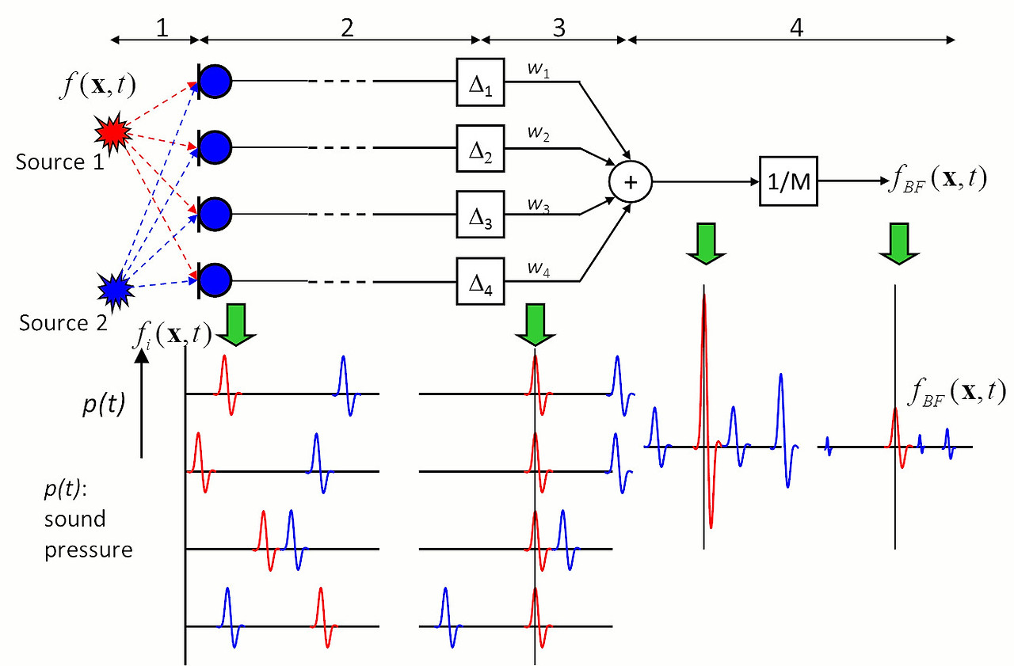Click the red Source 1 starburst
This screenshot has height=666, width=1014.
coord(113,132)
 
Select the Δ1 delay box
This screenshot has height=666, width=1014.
coord(480,82)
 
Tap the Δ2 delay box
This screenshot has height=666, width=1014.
coord(480,148)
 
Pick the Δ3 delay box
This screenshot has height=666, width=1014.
coord(480,215)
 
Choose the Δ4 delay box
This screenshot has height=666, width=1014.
coord(480,281)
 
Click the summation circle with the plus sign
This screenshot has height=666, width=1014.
coord(630,182)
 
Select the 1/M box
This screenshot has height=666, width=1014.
coord(788,181)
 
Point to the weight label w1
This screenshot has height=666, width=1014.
coord(538,70)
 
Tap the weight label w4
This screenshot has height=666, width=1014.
coord(538,269)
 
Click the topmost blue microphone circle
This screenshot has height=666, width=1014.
coord(215,82)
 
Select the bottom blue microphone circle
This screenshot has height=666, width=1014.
coord(215,280)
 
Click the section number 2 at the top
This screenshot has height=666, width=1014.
coord(347,28)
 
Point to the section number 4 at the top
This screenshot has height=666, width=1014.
coord(796,28)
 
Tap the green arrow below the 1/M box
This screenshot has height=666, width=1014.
coord(899,243)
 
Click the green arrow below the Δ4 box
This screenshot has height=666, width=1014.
coord(535,325)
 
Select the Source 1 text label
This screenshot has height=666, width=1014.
coord(59,162)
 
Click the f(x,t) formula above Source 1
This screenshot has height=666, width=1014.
coord(97,85)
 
